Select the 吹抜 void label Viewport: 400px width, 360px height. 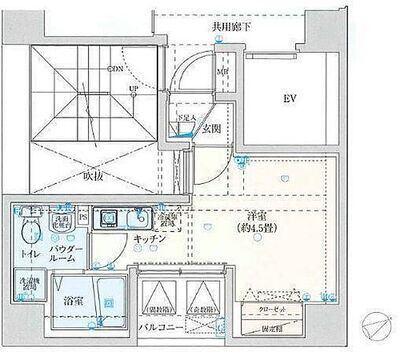[93, 176]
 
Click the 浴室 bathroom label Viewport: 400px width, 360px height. [71, 299]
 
